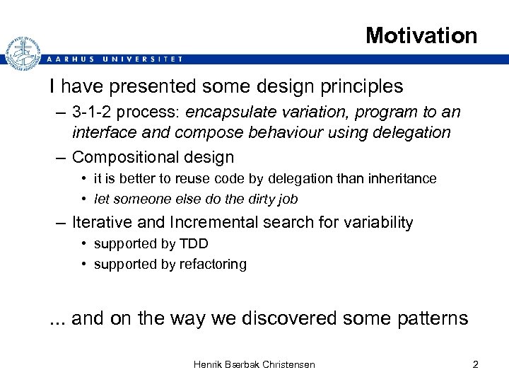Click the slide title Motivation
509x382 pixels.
[x=421, y=35]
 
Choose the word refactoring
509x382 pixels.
[x=211, y=264]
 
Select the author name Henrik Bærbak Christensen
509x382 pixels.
[x=255, y=364]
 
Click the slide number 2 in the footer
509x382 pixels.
[x=475, y=364]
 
